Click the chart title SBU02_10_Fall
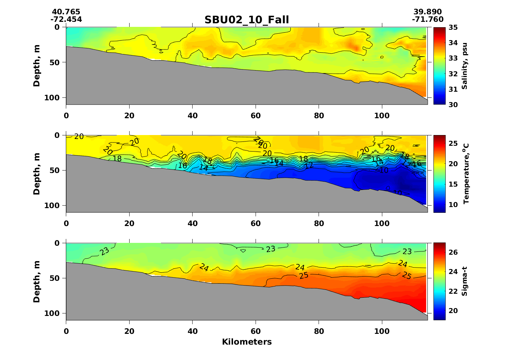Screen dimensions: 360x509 [x=247, y=20]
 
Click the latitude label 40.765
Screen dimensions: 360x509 [x=66, y=12]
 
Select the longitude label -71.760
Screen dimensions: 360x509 [x=427, y=19]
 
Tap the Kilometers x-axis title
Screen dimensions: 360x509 [x=247, y=342]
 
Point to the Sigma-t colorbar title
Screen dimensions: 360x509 [x=465, y=281]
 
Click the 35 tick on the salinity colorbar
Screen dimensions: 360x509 [x=453, y=28]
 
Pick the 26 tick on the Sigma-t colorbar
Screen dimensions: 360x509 [x=453, y=253]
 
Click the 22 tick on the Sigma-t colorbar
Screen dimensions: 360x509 [x=453, y=291]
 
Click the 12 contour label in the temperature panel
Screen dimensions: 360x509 [x=309, y=165]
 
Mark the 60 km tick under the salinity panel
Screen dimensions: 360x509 [x=256, y=116]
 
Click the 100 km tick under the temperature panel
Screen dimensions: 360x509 [x=382, y=224]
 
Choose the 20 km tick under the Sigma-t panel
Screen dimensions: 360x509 [x=129, y=331]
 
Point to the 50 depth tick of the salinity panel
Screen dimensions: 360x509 [x=56, y=62]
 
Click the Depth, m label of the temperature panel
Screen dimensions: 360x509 [x=37, y=174]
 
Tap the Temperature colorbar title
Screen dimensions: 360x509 [x=466, y=174]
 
